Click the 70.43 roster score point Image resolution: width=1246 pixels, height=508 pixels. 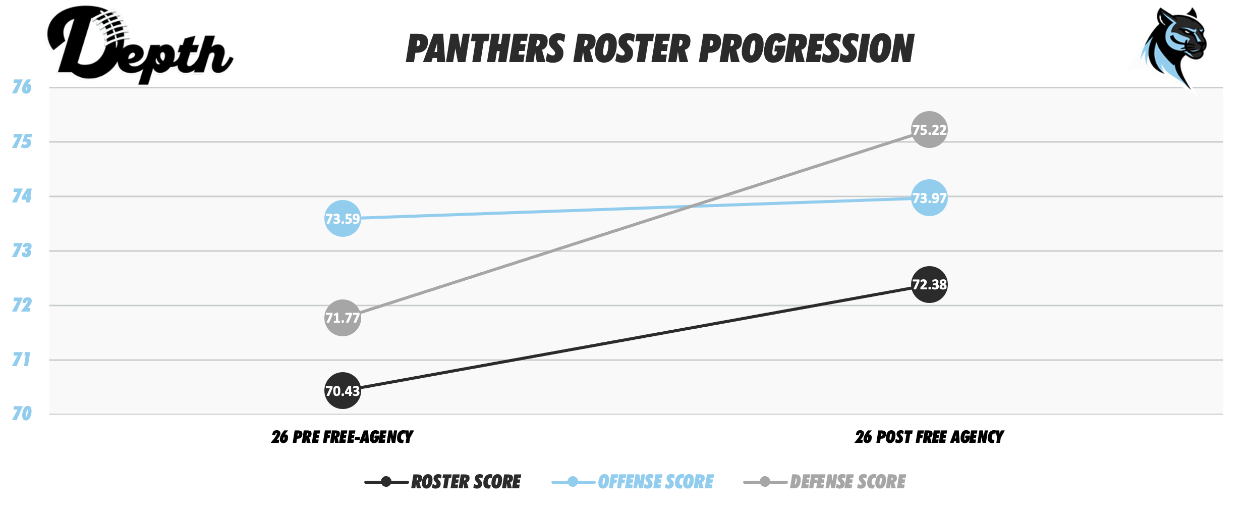(343, 390)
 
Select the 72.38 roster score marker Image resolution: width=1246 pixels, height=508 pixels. (929, 284)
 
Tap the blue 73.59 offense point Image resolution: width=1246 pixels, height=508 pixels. (343, 218)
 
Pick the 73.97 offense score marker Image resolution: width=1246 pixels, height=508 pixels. (929, 197)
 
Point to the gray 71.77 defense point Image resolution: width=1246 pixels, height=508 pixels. (343, 318)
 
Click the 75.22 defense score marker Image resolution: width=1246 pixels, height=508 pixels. (929, 129)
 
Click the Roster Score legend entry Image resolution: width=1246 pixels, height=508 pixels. (466, 482)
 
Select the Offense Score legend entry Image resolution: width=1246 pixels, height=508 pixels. (655, 482)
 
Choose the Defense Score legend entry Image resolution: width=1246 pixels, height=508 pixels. (847, 482)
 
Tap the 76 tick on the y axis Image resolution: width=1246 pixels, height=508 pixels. (22, 87)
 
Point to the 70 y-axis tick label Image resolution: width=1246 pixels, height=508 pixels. (22, 414)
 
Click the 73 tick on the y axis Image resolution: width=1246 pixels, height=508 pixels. (22, 250)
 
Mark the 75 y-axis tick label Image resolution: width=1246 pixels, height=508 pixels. (22, 141)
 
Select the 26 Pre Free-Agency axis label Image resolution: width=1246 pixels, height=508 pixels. (342, 437)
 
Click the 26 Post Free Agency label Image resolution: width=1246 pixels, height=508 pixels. (929, 437)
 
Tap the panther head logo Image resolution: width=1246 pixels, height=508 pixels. (1173, 45)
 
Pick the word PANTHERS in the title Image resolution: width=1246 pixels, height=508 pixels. (485, 49)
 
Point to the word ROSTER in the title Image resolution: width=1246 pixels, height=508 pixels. (632, 49)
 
